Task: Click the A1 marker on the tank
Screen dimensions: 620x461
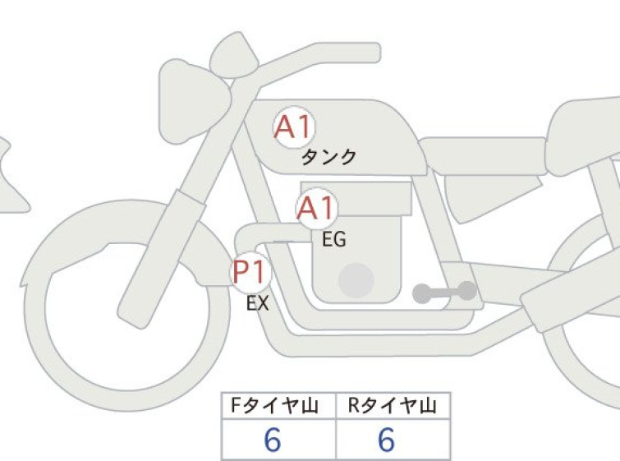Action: [x=295, y=127]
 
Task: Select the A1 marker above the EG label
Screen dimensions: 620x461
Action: [x=317, y=208]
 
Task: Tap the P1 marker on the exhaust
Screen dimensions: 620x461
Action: [x=250, y=272]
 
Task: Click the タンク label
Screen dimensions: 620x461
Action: [x=329, y=157]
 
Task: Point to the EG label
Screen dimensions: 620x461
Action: [x=334, y=239]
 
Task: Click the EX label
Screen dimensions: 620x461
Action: [x=258, y=303]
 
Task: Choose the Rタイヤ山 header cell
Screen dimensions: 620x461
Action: [x=393, y=406]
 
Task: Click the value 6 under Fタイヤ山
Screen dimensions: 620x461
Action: [x=273, y=440]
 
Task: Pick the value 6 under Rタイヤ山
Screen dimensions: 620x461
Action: [x=386, y=440]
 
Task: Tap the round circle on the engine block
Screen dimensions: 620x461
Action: [x=356, y=280]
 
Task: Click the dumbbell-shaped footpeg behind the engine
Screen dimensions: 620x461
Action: [x=444, y=293]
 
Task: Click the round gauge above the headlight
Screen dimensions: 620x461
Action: [x=233, y=55]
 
